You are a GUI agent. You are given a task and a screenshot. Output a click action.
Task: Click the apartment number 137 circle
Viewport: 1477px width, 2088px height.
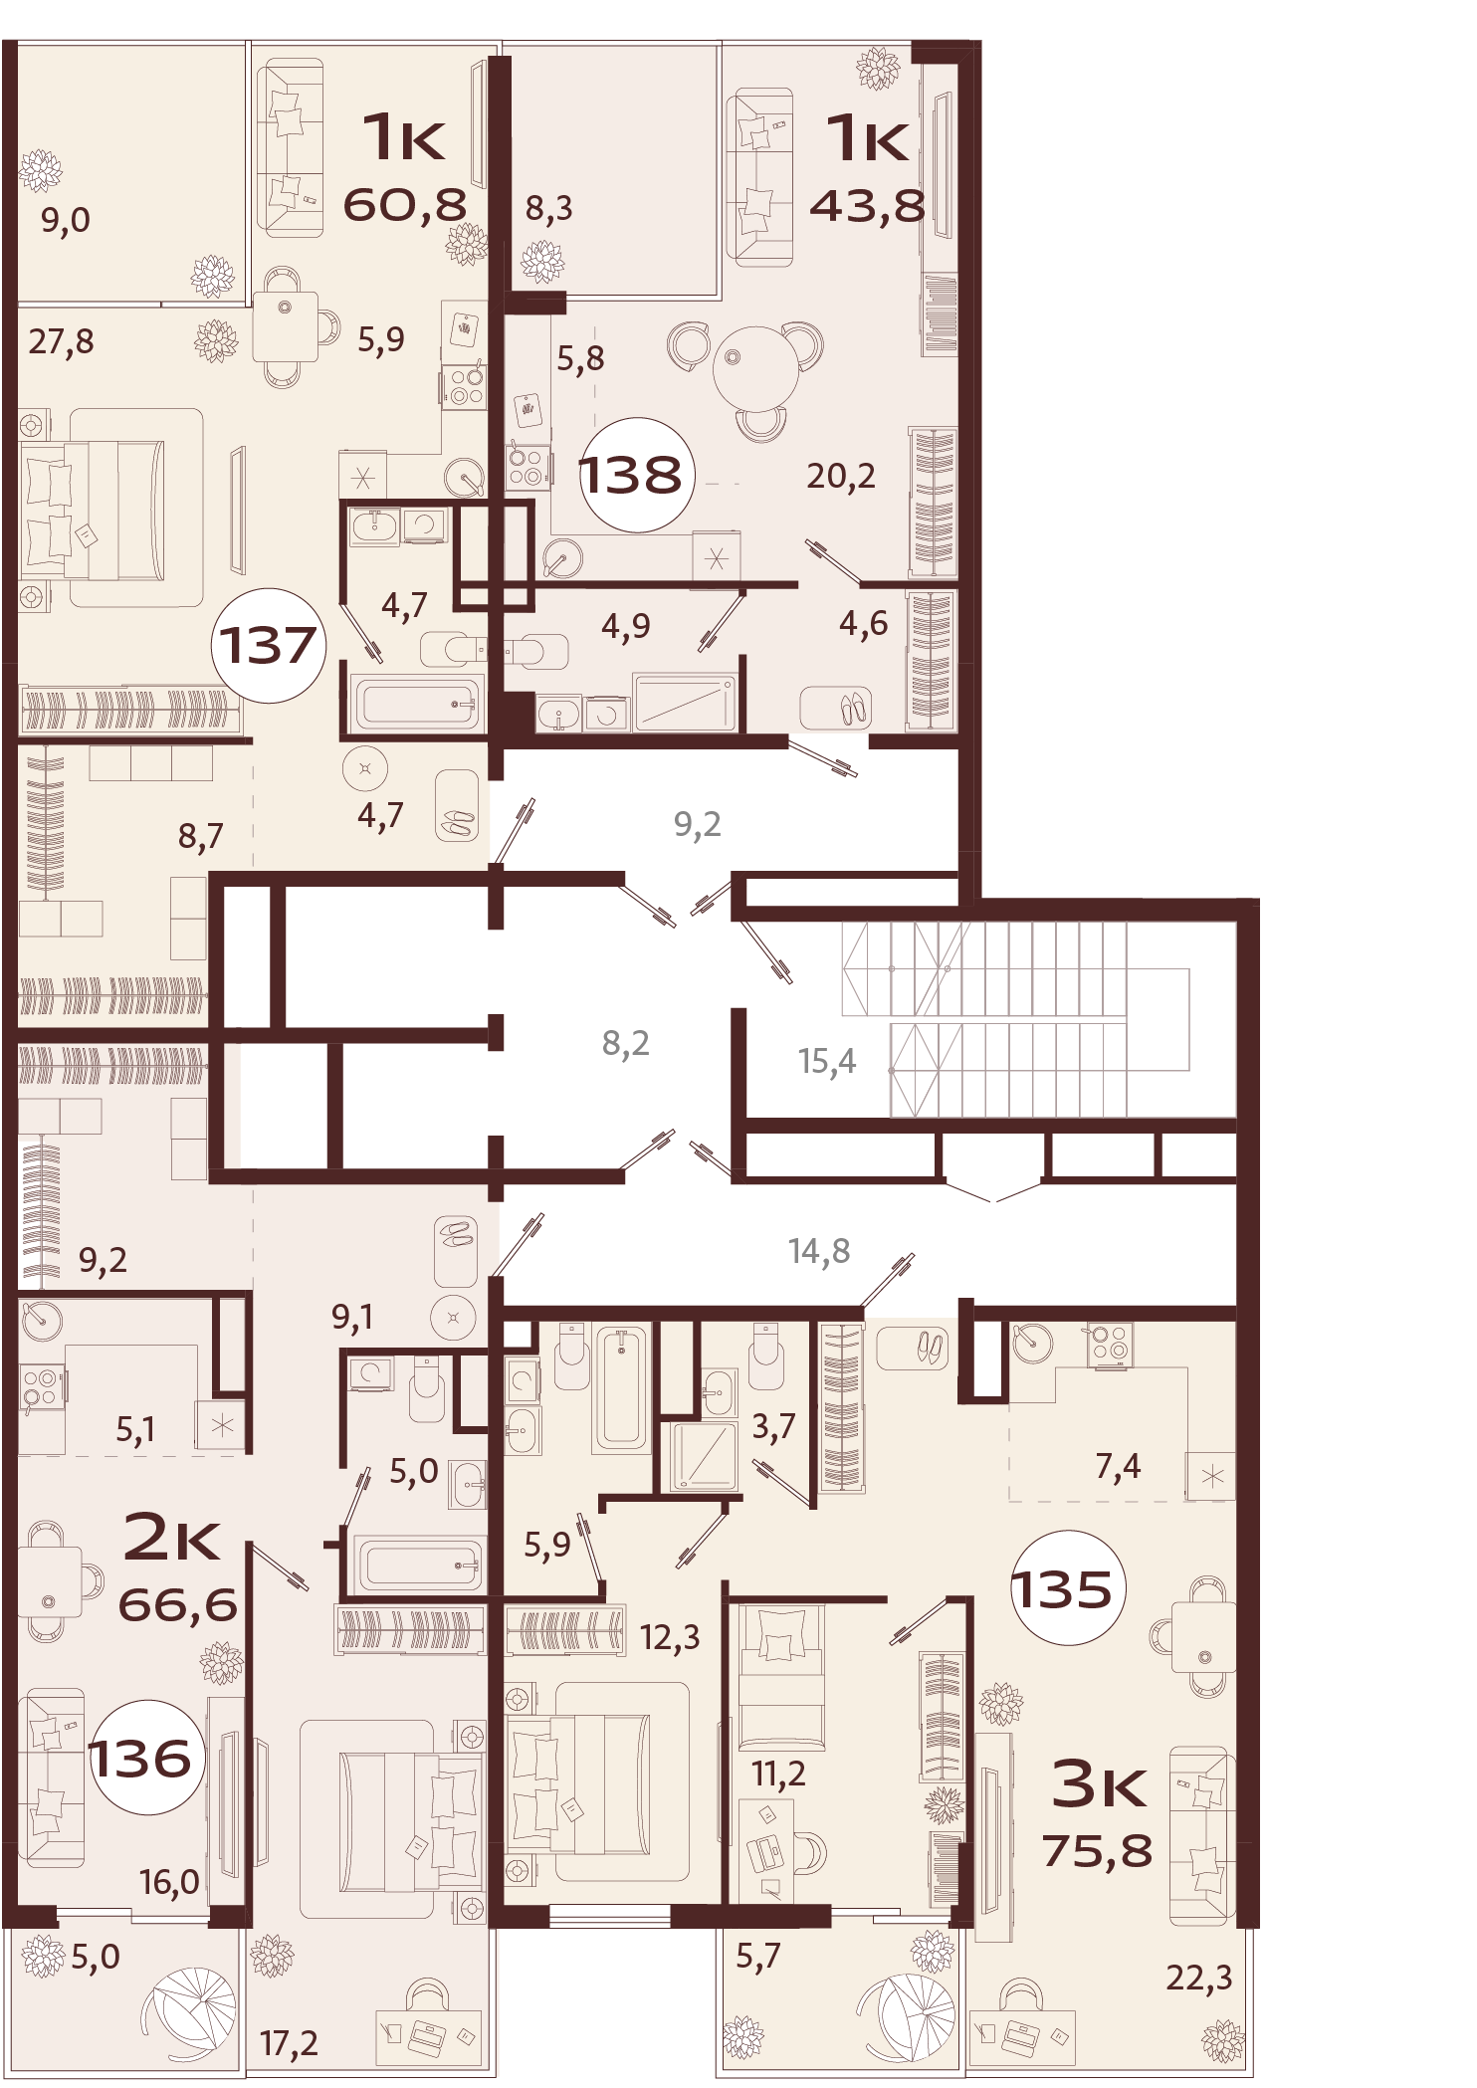click(269, 645)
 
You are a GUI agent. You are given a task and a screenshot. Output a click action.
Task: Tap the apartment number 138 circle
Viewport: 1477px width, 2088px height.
click(631, 475)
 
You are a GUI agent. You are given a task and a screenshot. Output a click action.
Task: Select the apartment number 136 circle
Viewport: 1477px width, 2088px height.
click(140, 1758)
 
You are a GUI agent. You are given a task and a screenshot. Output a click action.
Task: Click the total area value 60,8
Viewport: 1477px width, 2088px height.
click(405, 205)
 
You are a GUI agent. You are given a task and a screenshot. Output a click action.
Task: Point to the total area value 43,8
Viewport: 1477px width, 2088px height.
click(867, 206)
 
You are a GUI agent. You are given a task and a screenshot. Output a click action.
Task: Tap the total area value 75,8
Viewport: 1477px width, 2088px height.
click(1098, 1851)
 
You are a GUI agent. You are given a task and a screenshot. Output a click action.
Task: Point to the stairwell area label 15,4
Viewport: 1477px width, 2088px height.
click(826, 1061)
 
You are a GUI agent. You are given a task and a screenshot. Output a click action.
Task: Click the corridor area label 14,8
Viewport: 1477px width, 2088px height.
click(819, 1250)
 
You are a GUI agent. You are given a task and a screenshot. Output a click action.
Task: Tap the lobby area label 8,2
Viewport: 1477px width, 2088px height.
click(625, 1043)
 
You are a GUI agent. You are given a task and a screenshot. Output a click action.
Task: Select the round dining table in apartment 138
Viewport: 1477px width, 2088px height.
click(755, 367)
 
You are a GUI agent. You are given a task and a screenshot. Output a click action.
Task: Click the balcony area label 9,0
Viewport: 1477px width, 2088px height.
click(66, 220)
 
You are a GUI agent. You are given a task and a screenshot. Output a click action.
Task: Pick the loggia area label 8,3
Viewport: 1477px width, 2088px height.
click(548, 208)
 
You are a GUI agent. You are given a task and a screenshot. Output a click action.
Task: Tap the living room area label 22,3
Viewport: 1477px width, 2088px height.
click(1198, 1978)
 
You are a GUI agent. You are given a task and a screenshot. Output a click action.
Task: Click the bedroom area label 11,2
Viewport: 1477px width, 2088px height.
click(778, 1773)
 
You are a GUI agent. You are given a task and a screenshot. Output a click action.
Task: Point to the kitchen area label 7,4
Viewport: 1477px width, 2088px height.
click(1118, 1465)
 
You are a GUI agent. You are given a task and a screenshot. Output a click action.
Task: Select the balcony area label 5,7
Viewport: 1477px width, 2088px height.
click(758, 1957)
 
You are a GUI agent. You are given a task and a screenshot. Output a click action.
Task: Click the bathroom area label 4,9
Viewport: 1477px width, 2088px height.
click(626, 625)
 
